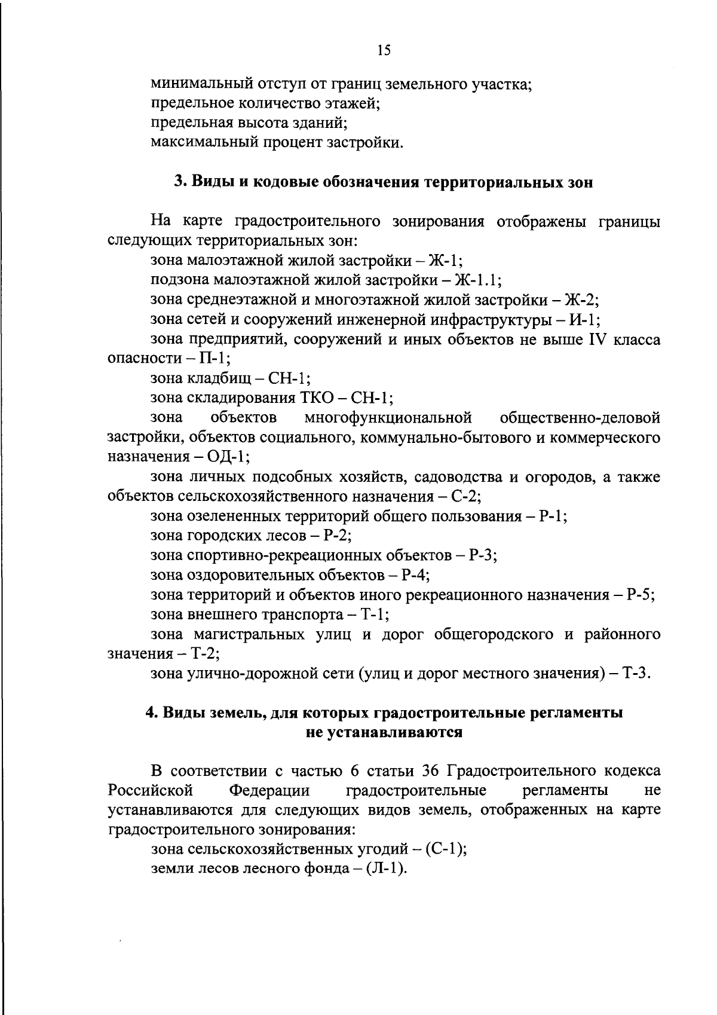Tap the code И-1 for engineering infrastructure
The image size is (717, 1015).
(x=584, y=320)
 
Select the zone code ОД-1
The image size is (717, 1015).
(x=227, y=457)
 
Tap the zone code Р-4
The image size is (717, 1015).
(x=415, y=576)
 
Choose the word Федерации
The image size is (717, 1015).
(x=270, y=790)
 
